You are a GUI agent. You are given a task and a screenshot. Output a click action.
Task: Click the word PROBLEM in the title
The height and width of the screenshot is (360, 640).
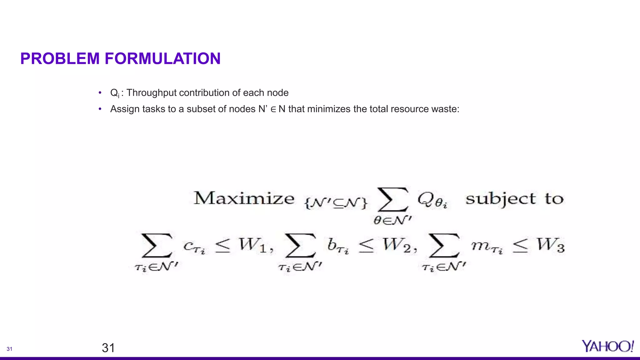click(60, 59)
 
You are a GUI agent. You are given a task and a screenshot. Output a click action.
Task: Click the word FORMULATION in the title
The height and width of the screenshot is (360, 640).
click(162, 59)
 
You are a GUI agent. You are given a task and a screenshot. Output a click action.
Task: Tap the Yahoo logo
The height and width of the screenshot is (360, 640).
click(607, 346)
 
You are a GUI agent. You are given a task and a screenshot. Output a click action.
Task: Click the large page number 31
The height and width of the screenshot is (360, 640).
click(108, 348)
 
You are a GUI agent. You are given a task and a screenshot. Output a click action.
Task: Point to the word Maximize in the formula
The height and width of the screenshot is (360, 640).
click(244, 198)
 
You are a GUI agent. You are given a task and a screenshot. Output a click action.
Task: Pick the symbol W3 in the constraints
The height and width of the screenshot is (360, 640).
click(551, 246)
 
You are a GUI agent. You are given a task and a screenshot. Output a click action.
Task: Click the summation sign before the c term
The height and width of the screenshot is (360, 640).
click(157, 246)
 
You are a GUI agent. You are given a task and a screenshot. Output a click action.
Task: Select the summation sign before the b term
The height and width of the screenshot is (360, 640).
click(300, 246)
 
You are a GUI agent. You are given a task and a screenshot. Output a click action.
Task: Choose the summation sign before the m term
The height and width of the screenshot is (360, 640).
click(444, 246)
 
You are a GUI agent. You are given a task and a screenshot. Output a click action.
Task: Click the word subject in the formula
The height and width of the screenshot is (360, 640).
click(500, 199)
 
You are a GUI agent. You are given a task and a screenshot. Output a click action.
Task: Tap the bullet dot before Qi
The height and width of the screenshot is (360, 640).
click(100, 93)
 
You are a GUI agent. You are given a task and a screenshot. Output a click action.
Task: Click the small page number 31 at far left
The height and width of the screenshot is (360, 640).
click(9, 349)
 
